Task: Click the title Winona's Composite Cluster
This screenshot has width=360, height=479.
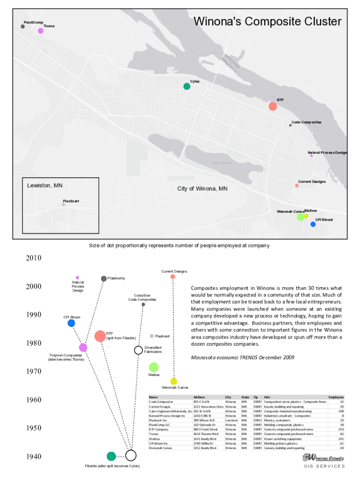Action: [x=267, y=22]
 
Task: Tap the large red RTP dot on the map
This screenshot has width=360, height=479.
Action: [x=273, y=106]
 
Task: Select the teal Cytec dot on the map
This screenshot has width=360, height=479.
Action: [x=187, y=86]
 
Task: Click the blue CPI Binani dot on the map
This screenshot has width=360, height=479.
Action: [x=313, y=224]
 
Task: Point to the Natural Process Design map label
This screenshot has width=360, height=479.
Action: [x=327, y=152]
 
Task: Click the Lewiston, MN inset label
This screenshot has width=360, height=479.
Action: [x=45, y=185]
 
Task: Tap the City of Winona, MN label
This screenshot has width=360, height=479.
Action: [x=202, y=189]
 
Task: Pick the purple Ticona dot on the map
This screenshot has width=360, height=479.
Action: [x=41, y=31]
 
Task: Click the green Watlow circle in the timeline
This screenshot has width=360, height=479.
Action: [x=154, y=368]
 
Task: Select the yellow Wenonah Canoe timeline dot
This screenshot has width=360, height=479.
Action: [x=174, y=381]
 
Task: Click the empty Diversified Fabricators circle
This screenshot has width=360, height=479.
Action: [x=138, y=350]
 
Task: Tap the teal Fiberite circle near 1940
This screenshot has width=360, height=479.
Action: [x=111, y=456]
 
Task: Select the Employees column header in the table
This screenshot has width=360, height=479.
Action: [x=336, y=397]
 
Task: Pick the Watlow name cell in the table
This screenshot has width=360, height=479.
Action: [x=154, y=439]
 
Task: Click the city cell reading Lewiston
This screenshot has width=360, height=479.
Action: [x=232, y=420]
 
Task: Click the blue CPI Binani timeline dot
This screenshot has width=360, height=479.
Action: [x=72, y=323]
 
